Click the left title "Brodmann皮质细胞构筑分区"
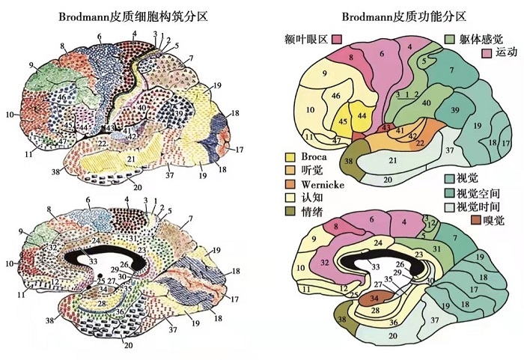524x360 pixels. (x=120, y=15)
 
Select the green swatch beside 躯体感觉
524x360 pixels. (x=450, y=38)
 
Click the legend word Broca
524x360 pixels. (x=314, y=157)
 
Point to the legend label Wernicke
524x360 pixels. (x=321, y=184)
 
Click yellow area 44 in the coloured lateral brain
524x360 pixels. (x=362, y=115)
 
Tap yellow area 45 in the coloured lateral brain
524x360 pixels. (x=344, y=120)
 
